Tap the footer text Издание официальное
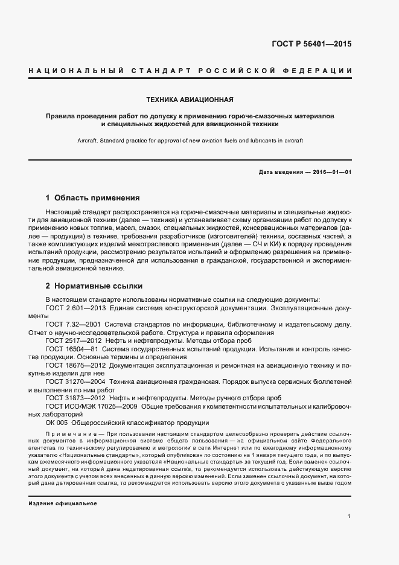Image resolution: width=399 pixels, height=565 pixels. coord(62,503)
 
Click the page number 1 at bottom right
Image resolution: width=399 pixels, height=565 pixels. coord(349,516)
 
